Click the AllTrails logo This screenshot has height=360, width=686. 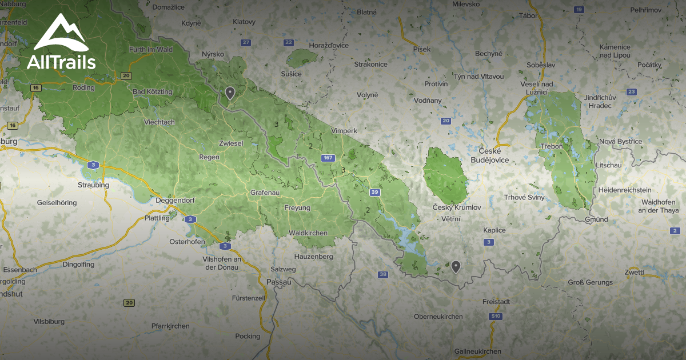pyautogui.click(x=61, y=43)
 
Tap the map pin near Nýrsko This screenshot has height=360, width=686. pyautogui.click(x=230, y=93)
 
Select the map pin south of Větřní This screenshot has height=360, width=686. pyautogui.click(x=456, y=266)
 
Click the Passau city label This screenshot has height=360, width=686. pyautogui.click(x=279, y=282)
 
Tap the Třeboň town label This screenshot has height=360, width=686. pyautogui.click(x=552, y=147)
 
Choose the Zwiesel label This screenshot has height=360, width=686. pyautogui.click(x=231, y=143)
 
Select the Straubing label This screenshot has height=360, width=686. pyautogui.click(x=93, y=185)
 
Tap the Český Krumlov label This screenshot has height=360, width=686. pyautogui.click(x=457, y=207)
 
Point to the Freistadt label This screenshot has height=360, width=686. pyautogui.click(x=496, y=301)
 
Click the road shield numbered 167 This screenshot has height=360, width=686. pyautogui.click(x=328, y=158)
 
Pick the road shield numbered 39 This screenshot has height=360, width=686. pyautogui.click(x=374, y=192)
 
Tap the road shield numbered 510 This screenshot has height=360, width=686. pyautogui.click(x=495, y=316)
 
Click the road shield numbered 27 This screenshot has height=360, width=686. pyautogui.click(x=246, y=43)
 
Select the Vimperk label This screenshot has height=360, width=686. pyautogui.click(x=344, y=131)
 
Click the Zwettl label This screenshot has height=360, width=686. pyautogui.click(x=635, y=272)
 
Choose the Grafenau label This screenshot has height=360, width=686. pyautogui.click(x=265, y=193)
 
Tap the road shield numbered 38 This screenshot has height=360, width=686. pyautogui.click(x=383, y=275)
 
